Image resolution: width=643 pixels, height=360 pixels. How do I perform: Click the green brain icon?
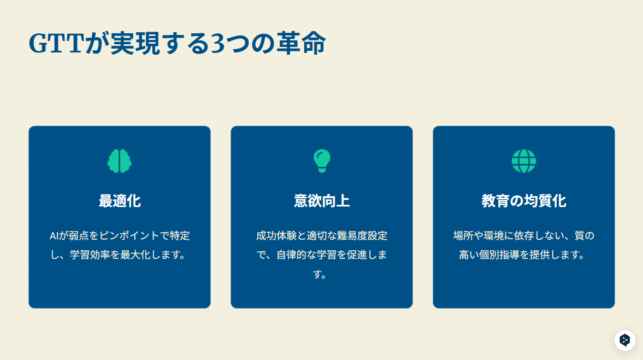(119, 161)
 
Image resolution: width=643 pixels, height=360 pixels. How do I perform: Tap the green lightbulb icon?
(322, 161)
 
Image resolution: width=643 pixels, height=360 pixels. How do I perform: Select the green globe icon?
(524, 161)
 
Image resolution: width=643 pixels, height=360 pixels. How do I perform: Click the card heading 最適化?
(120, 201)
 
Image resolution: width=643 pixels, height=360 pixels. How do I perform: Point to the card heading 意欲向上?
(322, 201)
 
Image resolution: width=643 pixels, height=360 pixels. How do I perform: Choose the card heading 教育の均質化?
(524, 201)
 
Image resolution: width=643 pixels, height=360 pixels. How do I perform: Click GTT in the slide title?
(57, 44)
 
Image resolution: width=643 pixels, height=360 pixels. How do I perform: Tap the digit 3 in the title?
(217, 44)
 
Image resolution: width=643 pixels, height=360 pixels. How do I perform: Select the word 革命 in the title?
(301, 43)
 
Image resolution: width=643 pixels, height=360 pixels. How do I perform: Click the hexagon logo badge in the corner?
(624, 340)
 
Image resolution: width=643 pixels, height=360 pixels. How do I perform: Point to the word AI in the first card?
(54, 236)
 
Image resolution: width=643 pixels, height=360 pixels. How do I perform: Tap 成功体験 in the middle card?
(276, 236)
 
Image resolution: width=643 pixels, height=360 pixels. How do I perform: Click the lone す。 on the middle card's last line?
(320, 274)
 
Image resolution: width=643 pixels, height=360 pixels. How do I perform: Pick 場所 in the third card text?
(463, 236)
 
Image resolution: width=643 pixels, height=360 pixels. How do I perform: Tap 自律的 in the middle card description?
(291, 255)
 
